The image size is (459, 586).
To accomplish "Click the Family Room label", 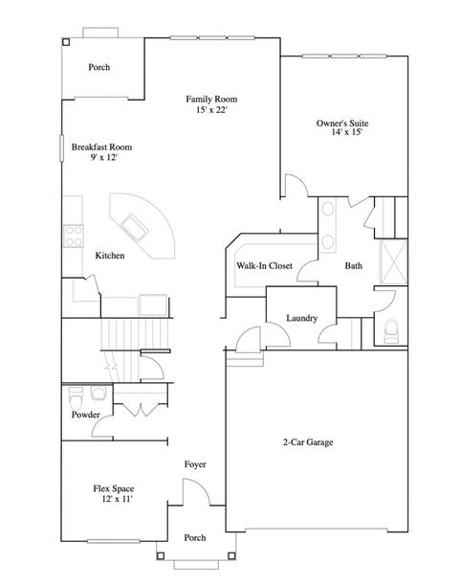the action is [x=211, y=99].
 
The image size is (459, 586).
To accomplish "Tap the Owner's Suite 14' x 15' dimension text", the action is [x=347, y=132].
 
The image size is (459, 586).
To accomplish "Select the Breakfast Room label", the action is [x=101, y=146].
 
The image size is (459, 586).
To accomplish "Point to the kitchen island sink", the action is [x=134, y=228].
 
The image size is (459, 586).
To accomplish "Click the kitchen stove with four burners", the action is [x=73, y=237].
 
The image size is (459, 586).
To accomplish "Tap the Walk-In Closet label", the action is [x=265, y=266].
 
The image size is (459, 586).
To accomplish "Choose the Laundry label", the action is [x=302, y=318].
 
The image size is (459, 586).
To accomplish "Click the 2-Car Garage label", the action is [x=308, y=442].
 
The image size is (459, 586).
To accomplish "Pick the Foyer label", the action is [x=195, y=464].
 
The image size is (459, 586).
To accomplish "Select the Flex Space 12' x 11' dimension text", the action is [x=118, y=499].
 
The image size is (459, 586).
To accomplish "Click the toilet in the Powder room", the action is [x=76, y=398].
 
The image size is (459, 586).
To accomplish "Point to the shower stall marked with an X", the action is [x=393, y=262].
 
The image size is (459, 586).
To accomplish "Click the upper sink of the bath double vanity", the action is [x=328, y=209].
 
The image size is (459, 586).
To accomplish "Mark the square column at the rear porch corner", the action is [x=66, y=42].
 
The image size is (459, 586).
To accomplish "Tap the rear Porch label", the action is [x=99, y=67].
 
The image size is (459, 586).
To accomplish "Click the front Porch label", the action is [x=195, y=537].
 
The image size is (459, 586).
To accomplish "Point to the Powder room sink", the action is [x=98, y=393].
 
